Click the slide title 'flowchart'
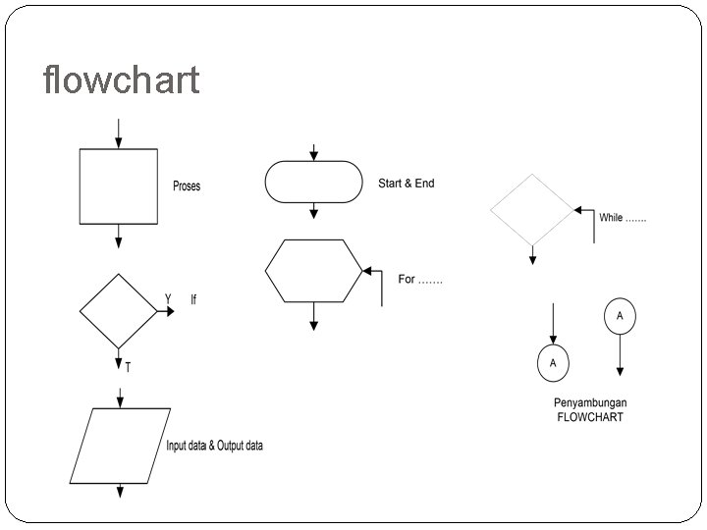(121, 79)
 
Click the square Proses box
(119, 186)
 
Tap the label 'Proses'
(187, 186)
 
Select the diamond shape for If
(119, 311)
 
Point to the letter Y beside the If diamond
(168, 297)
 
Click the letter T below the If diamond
(129, 367)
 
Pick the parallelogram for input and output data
(116, 445)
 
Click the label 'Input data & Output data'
(214, 446)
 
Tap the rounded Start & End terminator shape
(313, 182)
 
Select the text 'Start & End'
(406, 184)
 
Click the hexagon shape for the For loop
(313, 270)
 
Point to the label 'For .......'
(420, 280)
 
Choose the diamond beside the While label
(532, 209)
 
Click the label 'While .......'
(623, 218)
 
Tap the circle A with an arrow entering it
(553, 362)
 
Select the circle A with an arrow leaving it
(620, 316)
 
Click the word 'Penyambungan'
(589, 403)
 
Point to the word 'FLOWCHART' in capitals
(589, 417)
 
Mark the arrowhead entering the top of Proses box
(119, 143)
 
